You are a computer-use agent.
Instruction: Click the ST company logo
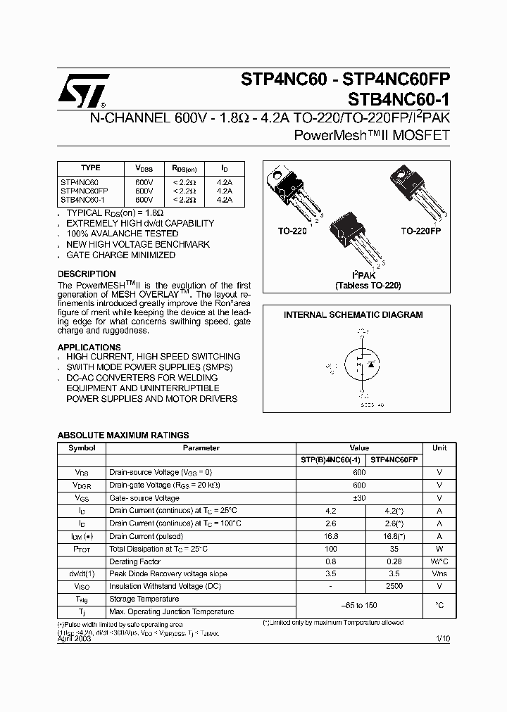click(x=84, y=89)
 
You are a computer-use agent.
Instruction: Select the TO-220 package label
click(x=292, y=231)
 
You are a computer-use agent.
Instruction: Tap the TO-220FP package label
click(x=420, y=231)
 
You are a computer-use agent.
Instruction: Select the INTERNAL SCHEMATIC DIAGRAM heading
click(x=353, y=315)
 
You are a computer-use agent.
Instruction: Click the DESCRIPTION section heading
click(x=87, y=274)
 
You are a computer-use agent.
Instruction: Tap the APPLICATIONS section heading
click(x=89, y=348)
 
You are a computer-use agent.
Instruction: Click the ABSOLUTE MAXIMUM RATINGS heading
click(x=123, y=436)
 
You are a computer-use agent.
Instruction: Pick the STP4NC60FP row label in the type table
click(x=84, y=191)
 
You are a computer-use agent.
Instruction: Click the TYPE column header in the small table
click(x=91, y=168)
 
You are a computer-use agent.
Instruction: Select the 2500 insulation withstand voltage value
click(x=394, y=586)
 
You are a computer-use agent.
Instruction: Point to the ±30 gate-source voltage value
click(x=359, y=498)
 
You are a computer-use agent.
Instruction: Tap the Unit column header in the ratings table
click(x=439, y=448)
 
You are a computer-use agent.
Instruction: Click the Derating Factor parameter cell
click(x=135, y=561)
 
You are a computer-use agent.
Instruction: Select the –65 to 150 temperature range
click(x=358, y=605)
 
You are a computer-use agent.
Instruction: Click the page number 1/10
click(x=442, y=637)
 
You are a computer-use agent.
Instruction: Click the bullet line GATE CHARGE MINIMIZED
click(x=120, y=255)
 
